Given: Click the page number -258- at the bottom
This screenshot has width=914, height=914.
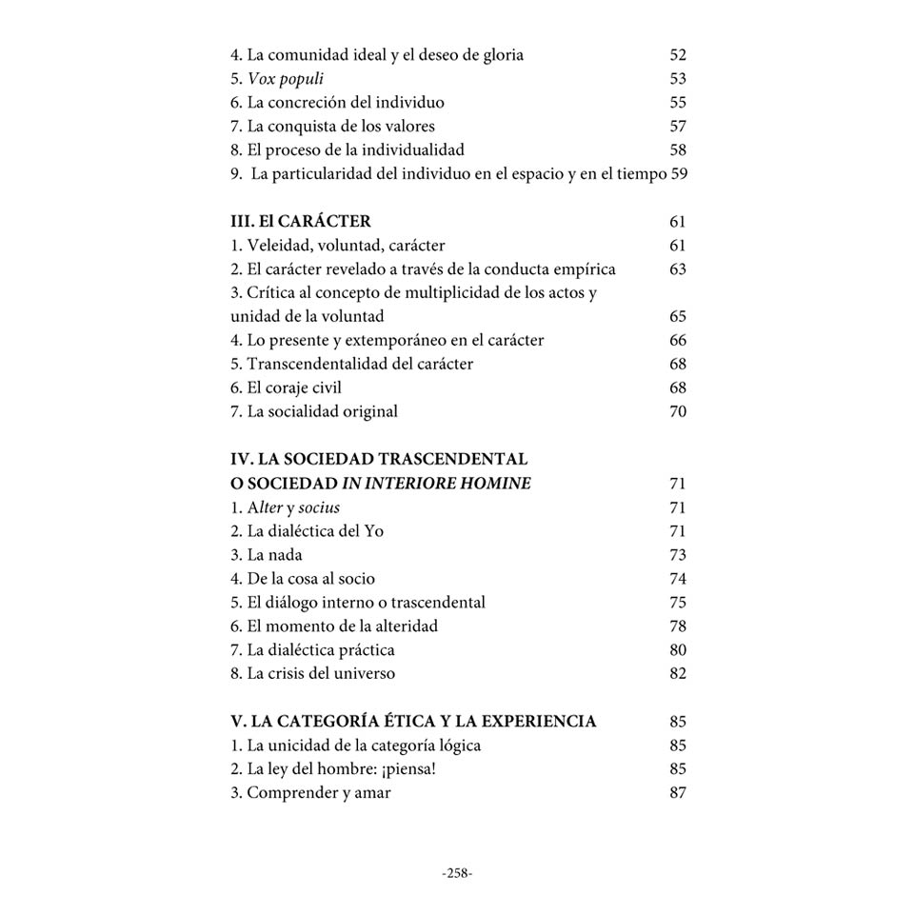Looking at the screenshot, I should coord(457,873).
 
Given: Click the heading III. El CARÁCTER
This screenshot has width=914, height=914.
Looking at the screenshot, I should coord(300,222).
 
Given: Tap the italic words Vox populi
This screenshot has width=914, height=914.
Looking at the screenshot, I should coord(286,79).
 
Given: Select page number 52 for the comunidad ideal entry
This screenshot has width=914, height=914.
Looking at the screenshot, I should coord(678,55).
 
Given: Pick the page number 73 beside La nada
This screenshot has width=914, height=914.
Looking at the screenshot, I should coord(678,555).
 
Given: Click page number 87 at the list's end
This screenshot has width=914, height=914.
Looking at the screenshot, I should coord(678,793).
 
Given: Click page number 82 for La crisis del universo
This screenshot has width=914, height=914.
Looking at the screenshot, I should coord(678,674).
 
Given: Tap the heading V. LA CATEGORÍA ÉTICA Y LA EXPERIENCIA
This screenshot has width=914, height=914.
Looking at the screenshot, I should coord(413,722).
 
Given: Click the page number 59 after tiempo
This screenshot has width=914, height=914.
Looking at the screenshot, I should coord(679,174).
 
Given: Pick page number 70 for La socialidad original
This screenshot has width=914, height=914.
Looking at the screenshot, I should coord(678,412).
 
